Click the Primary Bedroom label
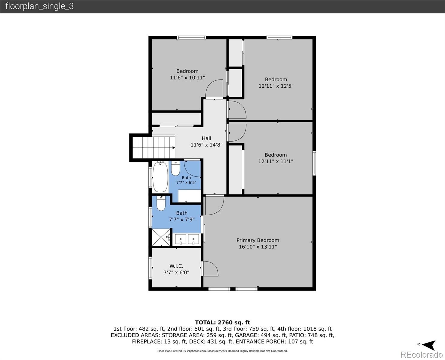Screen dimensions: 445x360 (258, 240)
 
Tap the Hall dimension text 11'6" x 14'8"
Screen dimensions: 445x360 (206, 145)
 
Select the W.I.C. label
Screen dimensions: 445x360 (176, 266)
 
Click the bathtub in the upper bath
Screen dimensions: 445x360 (160, 177)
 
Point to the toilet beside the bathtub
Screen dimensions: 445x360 (175, 168)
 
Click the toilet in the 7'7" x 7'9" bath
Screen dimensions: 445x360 (161, 203)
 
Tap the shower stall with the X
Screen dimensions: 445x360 (161, 237)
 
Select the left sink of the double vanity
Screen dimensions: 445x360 (181, 239)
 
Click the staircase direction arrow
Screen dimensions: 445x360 (174, 148)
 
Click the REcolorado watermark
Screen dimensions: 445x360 (421, 354)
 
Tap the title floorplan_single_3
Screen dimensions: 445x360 (40, 6)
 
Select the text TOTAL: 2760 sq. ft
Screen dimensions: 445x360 (222, 322)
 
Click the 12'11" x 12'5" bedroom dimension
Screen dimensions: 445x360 (276, 86)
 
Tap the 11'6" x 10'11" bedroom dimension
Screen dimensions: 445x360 (187, 77)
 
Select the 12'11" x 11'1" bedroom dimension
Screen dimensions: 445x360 (276, 161)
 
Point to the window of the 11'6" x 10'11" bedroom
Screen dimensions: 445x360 (192, 37)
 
